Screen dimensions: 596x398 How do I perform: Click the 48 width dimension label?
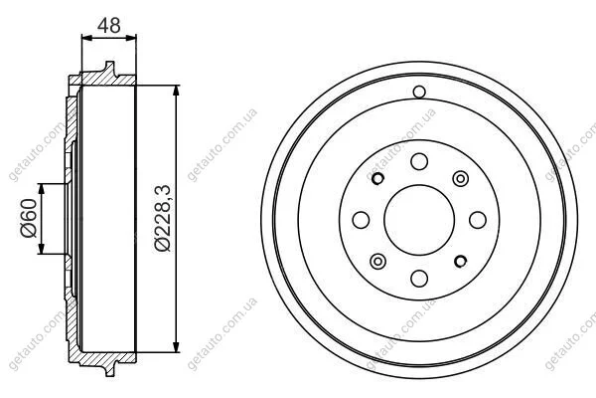109,25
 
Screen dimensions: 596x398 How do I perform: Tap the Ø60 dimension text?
29,218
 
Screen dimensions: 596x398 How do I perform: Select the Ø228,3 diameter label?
163,218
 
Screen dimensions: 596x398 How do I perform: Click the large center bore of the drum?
419,220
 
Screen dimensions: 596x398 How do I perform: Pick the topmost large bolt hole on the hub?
419,161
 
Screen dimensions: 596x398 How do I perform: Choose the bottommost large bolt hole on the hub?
419,279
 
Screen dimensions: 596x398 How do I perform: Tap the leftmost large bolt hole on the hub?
361,220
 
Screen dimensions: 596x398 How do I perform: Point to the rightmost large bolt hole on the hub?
478,220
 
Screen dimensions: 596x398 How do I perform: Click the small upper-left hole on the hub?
377,178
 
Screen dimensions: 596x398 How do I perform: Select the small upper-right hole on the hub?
460,178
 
